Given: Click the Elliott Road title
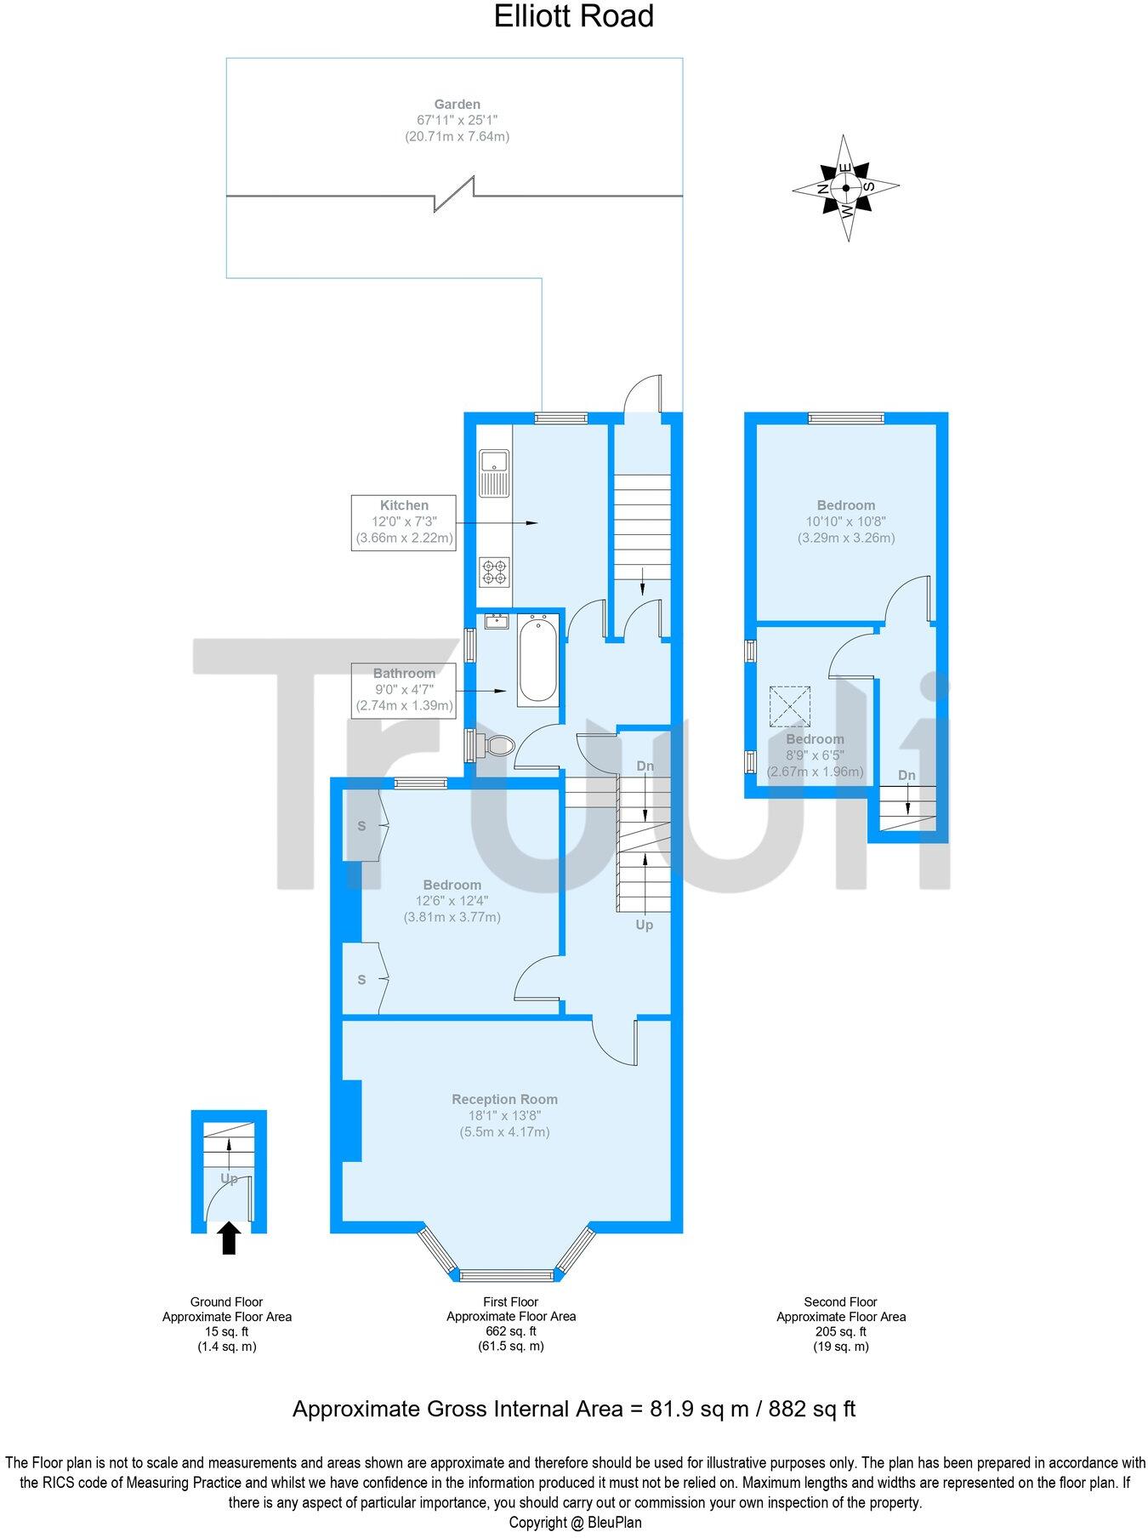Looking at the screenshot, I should click(x=573, y=16).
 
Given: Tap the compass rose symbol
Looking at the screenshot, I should click(x=845, y=188).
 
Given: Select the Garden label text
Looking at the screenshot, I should click(x=457, y=105).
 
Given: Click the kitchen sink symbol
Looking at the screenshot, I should click(x=493, y=474).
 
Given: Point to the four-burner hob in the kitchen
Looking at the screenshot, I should click(x=494, y=572).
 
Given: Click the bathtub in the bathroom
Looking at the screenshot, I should click(x=537, y=660).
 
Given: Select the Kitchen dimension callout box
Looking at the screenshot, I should click(x=404, y=521).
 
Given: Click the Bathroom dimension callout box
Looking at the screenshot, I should click(x=404, y=690).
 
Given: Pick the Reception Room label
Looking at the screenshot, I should click(x=504, y=1099).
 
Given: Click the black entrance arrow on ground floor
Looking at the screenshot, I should click(x=229, y=1238).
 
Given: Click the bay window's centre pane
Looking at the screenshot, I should click(x=506, y=1274).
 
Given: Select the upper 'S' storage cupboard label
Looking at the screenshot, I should click(x=361, y=826).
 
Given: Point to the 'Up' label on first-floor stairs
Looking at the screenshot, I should click(x=645, y=925).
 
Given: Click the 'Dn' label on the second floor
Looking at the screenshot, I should click(x=906, y=775).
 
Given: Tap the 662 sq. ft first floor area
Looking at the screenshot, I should click(x=510, y=1331).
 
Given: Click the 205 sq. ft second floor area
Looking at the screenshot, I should click(x=840, y=1331).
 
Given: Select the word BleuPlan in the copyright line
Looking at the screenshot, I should click(x=614, y=1523).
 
